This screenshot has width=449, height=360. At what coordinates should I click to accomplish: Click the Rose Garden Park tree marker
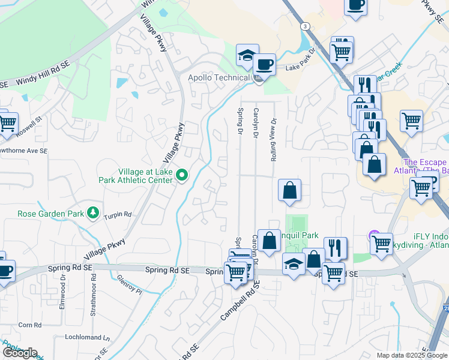pos(92,212)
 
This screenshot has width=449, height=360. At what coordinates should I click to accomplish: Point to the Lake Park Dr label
pos(300,68)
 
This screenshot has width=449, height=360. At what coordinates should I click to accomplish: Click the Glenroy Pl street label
pos(131,283)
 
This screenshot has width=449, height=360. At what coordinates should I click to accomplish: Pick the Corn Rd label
pos(29,325)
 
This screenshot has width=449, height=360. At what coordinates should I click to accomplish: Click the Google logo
pos(20,353)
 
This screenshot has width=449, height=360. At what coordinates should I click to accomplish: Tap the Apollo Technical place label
pos(218,78)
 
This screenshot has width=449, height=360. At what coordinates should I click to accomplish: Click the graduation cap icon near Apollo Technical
pos(247,55)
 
